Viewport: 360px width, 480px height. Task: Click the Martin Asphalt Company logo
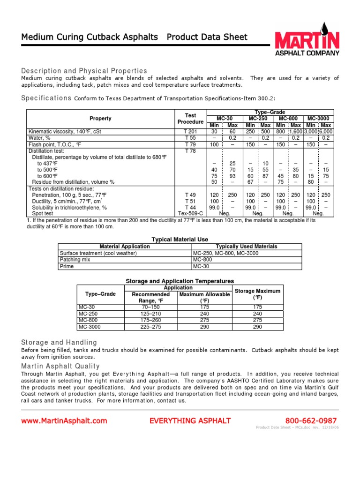[306, 39]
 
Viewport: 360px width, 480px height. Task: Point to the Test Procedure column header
[190, 119]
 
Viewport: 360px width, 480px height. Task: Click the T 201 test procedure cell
[190, 132]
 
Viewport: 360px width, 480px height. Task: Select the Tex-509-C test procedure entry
[190, 213]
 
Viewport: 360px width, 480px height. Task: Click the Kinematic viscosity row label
[65, 132]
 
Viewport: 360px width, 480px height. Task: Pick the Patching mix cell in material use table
[74, 259]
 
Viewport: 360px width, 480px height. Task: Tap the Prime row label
[67, 266]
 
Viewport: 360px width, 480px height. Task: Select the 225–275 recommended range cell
[151, 327]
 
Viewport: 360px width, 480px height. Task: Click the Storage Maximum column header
[257, 294]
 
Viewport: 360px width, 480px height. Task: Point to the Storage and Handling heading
[59, 342]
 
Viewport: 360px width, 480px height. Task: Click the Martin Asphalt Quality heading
[60, 366]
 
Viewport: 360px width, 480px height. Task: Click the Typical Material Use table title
[180, 239]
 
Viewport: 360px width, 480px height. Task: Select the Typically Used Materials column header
[246, 246]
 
